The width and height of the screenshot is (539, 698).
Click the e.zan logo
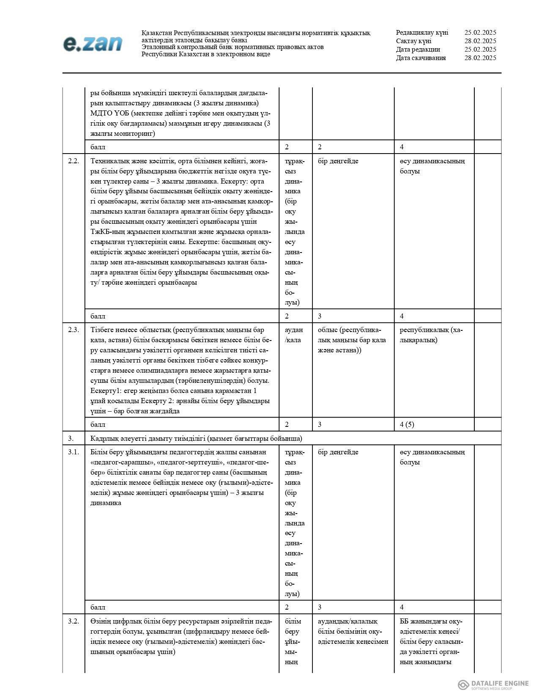pos(93,44)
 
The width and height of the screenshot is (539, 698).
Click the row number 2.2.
pos(74,161)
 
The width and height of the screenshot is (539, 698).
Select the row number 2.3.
pos(74,330)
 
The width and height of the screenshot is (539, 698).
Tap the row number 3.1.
pos(74,452)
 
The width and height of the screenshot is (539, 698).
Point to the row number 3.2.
pos(74,621)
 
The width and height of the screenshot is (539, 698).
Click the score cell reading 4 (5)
pos(407,424)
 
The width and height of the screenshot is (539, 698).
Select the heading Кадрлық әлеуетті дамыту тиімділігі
pos(196,438)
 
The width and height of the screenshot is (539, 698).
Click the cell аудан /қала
pos(293,335)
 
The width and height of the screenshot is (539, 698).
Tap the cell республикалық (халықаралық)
pos(431,335)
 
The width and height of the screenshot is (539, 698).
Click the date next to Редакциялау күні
pos(480,33)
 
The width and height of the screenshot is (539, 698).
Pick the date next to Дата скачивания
pos(480,58)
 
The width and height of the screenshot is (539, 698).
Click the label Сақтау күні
pos(413,41)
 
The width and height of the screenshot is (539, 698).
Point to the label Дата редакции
pos(418,49)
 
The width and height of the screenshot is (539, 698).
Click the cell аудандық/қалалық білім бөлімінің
pos(353,631)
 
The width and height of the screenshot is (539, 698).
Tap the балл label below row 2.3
pos(98,424)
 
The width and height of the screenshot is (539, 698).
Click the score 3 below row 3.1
pos(320,607)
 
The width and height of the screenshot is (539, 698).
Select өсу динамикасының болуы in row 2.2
pos(432,166)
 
